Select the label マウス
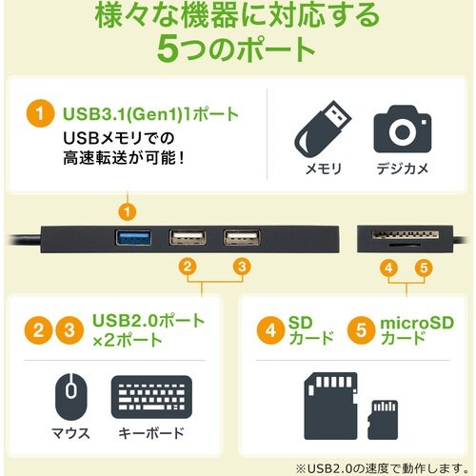[70, 433]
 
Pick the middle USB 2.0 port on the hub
[187, 238]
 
